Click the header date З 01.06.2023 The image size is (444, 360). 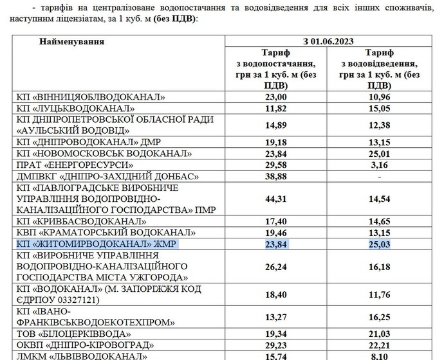329,42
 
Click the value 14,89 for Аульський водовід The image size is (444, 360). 275,124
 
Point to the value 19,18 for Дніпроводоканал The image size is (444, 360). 275,141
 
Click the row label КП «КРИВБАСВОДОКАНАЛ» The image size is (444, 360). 80,221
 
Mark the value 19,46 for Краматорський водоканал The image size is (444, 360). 275,233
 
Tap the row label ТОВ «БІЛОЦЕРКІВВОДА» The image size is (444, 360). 77,334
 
